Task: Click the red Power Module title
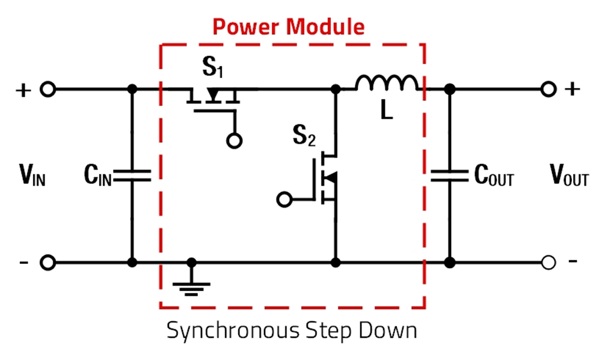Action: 289,26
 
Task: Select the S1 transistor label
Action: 212,69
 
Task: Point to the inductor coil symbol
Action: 386,84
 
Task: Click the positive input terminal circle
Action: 48,90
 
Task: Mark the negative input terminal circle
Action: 48,263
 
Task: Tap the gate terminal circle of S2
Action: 284,198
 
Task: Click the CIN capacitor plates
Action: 132,175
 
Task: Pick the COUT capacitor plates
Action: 449,175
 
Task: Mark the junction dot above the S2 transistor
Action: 336,90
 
